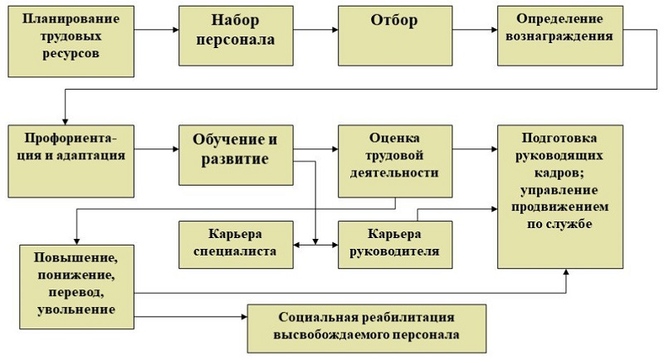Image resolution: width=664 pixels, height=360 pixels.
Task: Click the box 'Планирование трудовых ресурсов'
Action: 71,41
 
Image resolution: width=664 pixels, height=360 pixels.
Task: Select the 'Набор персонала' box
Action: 236,36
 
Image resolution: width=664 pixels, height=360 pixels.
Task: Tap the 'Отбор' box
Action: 395,36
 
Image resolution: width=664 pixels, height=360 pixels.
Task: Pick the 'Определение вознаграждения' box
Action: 559,36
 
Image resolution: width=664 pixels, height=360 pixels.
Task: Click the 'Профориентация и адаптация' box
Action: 71,161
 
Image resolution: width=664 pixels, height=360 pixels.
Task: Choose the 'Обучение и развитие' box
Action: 236,155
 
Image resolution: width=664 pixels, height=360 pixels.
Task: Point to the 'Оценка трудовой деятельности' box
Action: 395,161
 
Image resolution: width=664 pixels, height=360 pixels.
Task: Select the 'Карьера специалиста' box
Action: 236,245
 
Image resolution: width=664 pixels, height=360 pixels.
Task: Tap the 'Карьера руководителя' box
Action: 395,245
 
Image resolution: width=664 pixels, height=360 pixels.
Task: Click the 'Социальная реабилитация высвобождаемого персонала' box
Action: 367,328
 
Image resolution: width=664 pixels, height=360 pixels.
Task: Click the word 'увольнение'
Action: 76,309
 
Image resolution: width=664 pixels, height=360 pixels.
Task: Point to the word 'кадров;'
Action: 559,173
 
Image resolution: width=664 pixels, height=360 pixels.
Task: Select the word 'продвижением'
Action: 559,207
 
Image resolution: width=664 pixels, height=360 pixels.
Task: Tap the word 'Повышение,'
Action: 76,258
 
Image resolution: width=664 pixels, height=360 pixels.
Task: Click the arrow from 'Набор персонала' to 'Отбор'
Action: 315,30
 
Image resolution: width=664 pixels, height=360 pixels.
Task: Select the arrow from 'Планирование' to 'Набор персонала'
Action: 156,30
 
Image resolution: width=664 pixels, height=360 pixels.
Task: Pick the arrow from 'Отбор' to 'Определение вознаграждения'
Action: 475,30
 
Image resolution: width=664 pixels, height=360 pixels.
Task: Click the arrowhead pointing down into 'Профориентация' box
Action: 66,122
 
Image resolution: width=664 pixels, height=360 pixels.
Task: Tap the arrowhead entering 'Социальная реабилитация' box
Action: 244,316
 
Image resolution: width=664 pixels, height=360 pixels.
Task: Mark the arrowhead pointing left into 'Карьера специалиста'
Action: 296,245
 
